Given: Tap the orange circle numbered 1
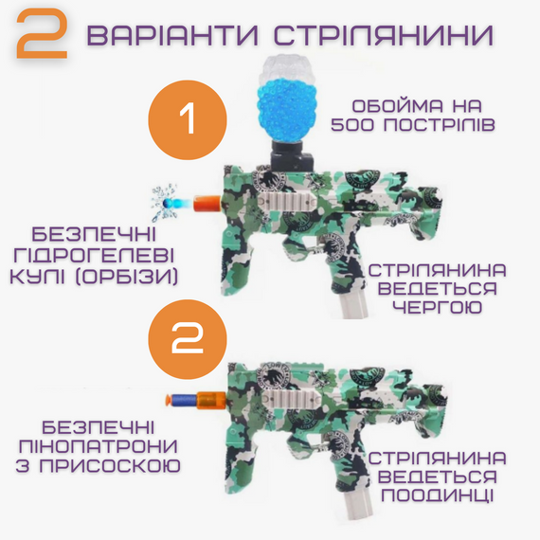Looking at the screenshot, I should click(x=187, y=120).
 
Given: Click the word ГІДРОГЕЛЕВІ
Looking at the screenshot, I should click(x=99, y=254).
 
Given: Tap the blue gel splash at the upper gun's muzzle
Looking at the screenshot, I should click(x=170, y=201).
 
